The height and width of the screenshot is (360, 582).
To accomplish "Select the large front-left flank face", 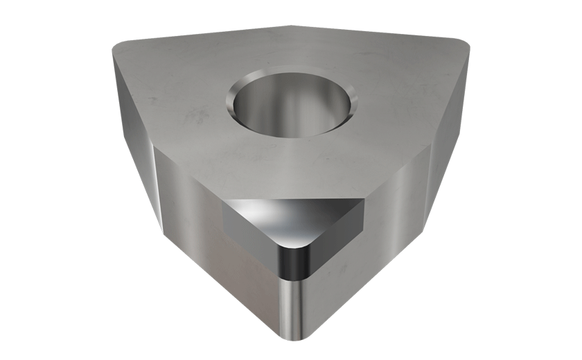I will point(215,263).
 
